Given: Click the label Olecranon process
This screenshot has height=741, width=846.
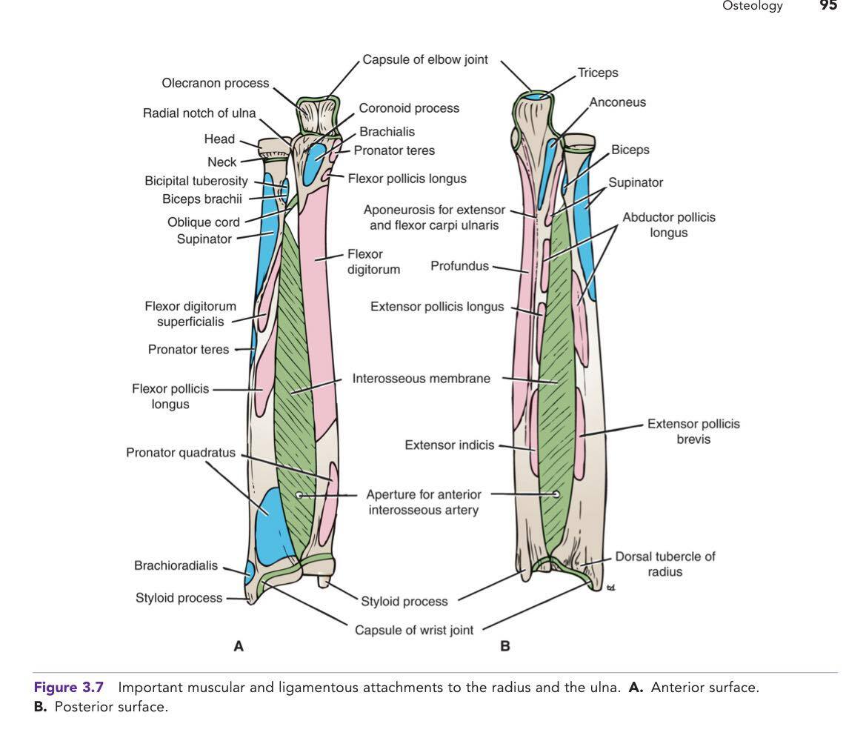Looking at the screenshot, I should (215, 83).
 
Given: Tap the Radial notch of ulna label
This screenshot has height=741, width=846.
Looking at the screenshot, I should (199, 113).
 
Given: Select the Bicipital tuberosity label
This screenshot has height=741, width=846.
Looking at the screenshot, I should (196, 182).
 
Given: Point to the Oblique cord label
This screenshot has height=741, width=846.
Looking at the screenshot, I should (203, 222).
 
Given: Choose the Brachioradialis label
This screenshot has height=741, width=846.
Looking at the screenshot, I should (176, 566).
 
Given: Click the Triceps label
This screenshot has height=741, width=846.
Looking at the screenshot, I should (598, 73).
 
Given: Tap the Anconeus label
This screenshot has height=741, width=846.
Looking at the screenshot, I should (617, 103).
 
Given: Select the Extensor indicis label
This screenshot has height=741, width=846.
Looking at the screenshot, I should (449, 445).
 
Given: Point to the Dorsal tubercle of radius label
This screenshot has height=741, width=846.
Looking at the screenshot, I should (665, 563).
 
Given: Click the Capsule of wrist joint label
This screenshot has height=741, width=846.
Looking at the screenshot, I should (414, 631).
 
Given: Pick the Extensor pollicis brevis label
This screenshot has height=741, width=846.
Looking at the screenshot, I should (693, 431).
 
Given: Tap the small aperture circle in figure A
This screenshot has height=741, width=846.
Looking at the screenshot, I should (299, 495).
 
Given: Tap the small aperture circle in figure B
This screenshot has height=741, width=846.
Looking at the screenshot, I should (556, 494).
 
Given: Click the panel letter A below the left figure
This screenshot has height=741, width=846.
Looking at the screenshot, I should (239, 647).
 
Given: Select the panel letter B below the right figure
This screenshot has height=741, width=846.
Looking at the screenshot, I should (505, 647).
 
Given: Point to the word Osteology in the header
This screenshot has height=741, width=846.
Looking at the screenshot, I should (752, 7).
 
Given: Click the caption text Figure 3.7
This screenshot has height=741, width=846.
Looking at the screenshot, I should (69, 688).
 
